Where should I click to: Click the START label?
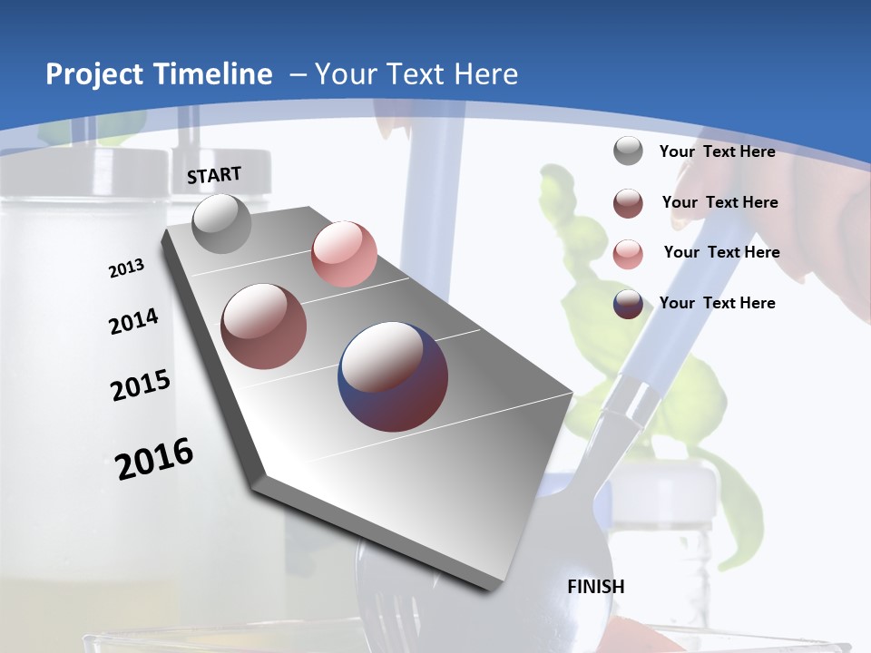(215, 174)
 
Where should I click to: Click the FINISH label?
(595, 587)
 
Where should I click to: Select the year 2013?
(126, 268)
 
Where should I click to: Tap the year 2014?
(133, 322)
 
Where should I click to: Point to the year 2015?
(141, 385)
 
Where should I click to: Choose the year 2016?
(154, 458)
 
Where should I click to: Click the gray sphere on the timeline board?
(222, 223)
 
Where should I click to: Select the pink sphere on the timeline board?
(344, 253)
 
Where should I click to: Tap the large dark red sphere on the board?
(264, 326)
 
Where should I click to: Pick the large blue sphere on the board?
(393, 376)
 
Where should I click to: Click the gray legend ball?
(628, 151)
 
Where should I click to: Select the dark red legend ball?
(628, 202)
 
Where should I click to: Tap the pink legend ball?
(628, 253)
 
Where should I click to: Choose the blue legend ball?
(628, 304)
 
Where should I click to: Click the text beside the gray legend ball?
(717, 151)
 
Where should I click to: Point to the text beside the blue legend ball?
(717, 303)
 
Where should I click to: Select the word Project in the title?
(93, 74)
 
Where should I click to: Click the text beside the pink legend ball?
(721, 252)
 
